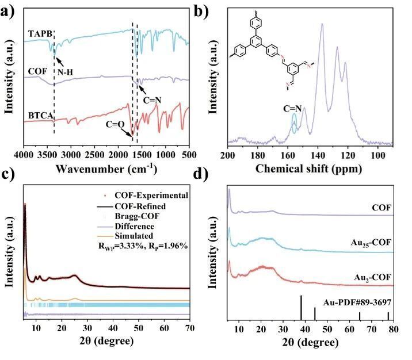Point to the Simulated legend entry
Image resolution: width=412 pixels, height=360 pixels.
(x=141, y=236)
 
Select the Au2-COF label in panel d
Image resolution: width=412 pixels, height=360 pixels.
(x=377, y=277)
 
